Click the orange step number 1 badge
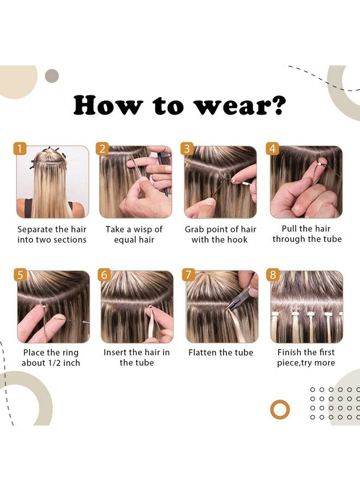pos(20,149)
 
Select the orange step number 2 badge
pos(103,149)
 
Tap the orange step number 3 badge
pos(187,149)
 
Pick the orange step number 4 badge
pos(273,149)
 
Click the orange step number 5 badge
pos(20,274)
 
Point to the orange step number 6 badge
pos(104,274)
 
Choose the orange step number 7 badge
pos(189,274)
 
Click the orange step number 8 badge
pos(273,274)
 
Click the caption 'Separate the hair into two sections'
pos(52,235)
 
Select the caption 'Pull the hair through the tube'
pos(307,233)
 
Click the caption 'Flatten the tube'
pos(220,352)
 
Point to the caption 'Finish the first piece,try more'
pos(306,357)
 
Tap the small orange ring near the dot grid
pos(280,409)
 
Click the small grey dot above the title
pos(52,76)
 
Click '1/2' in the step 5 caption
pos(55,363)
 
